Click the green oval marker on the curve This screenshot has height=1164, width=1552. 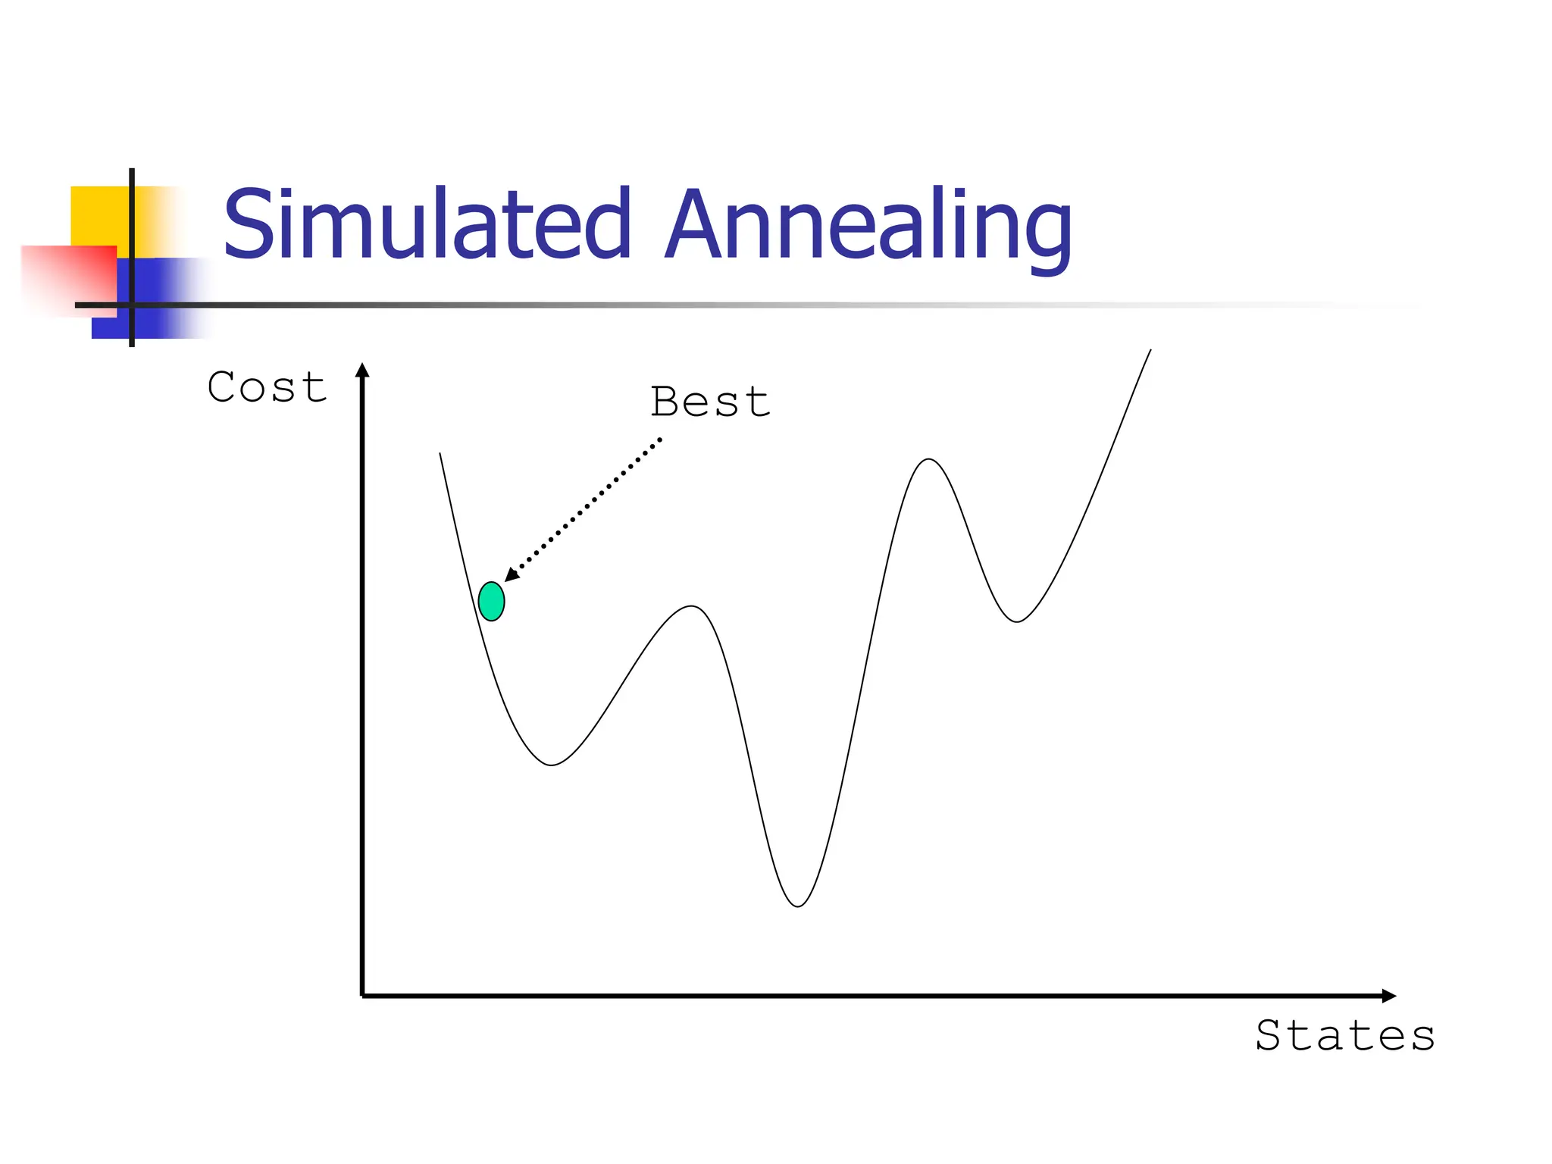(x=491, y=602)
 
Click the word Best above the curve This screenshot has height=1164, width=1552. (x=710, y=402)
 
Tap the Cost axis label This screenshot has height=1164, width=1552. (x=267, y=387)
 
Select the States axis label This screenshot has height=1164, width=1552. (x=1345, y=1036)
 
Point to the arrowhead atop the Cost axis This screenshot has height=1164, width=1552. (x=362, y=371)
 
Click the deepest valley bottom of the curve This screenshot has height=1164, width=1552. (x=798, y=906)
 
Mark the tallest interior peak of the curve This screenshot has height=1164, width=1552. (x=929, y=459)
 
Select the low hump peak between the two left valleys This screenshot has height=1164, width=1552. (x=692, y=606)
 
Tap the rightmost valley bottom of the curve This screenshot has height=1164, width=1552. (x=1017, y=621)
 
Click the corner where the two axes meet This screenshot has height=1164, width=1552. (x=363, y=995)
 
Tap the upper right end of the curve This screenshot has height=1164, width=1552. (x=1150, y=351)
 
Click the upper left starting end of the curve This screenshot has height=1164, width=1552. (x=440, y=455)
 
